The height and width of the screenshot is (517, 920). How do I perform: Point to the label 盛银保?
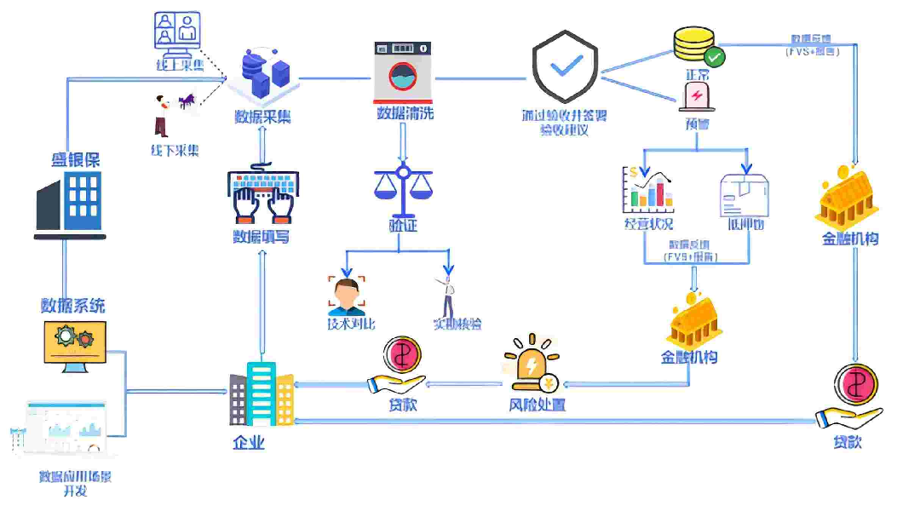pos(75,159)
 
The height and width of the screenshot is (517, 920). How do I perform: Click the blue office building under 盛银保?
pos(72,203)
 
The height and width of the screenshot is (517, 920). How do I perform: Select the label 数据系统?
pos(73,305)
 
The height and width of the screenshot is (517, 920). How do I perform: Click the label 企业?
pos(249,442)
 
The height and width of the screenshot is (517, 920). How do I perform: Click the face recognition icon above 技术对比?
pos(346,294)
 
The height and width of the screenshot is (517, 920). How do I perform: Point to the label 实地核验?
pos(457,324)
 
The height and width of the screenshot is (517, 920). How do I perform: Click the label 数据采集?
pos(262,116)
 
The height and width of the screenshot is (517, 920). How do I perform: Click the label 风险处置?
pos(532,405)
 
